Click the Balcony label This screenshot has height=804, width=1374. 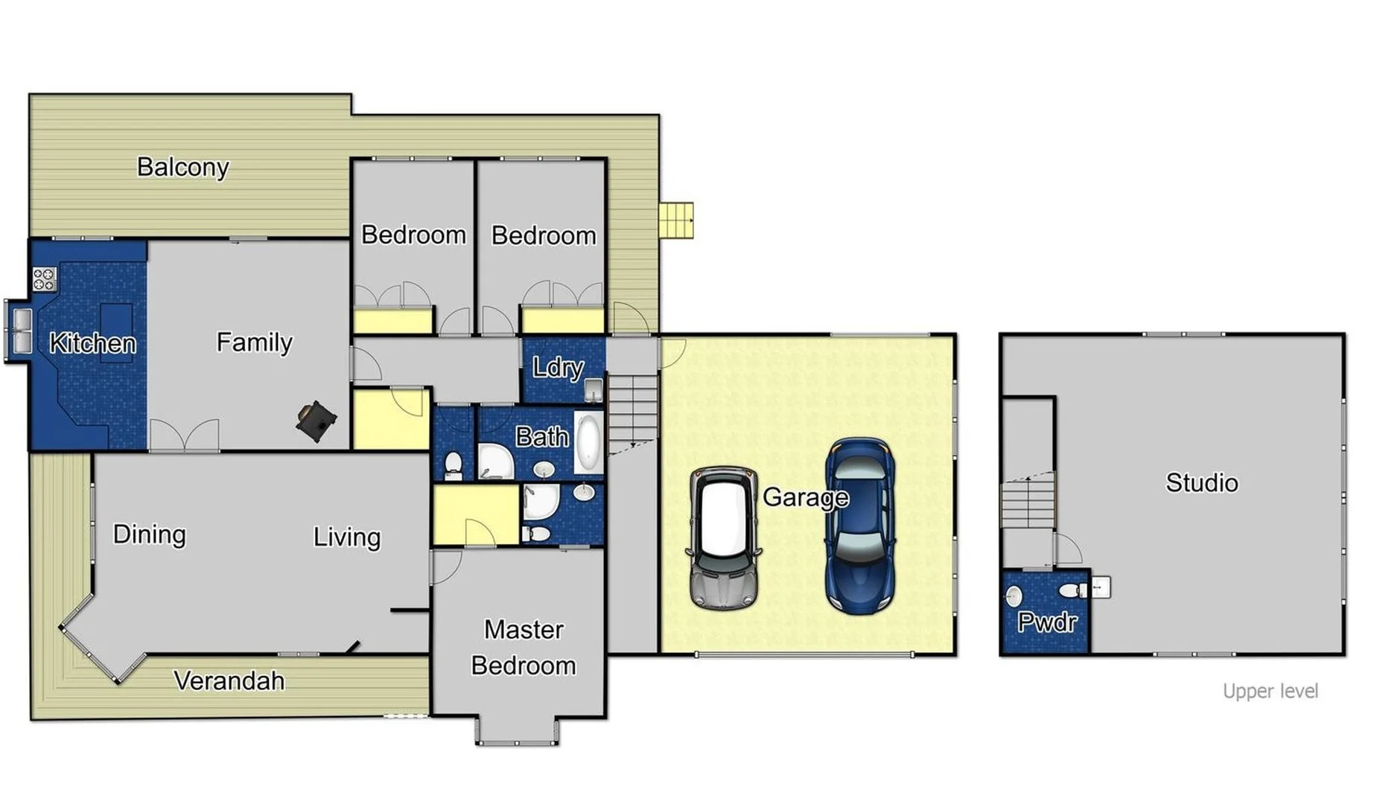(182, 167)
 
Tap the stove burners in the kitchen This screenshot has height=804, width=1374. (44, 279)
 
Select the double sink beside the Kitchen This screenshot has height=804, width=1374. (21, 331)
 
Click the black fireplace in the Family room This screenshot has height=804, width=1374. (316, 421)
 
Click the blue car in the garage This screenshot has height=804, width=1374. (860, 524)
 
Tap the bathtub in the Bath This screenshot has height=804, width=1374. (588, 444)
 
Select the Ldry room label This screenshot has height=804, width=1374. (557, 368)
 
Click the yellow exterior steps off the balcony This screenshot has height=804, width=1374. (675, 220)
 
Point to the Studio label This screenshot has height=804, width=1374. (1201, 482)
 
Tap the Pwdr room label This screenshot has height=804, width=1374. (1046, 622)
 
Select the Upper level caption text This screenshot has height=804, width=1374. (1270, 691)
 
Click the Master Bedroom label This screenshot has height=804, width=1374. (524, 647)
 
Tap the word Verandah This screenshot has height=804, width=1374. (229, 680)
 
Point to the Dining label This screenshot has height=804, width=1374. (149, 534)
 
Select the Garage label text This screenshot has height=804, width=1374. (805, 497)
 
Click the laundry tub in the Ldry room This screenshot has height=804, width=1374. (594, 389)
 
